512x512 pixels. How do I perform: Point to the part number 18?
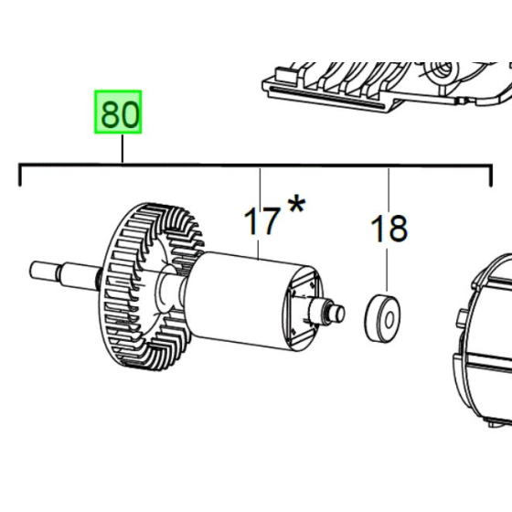(389, 229)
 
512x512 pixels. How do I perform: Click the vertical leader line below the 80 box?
(122, 148)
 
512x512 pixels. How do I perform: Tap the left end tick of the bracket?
(20, 175)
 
